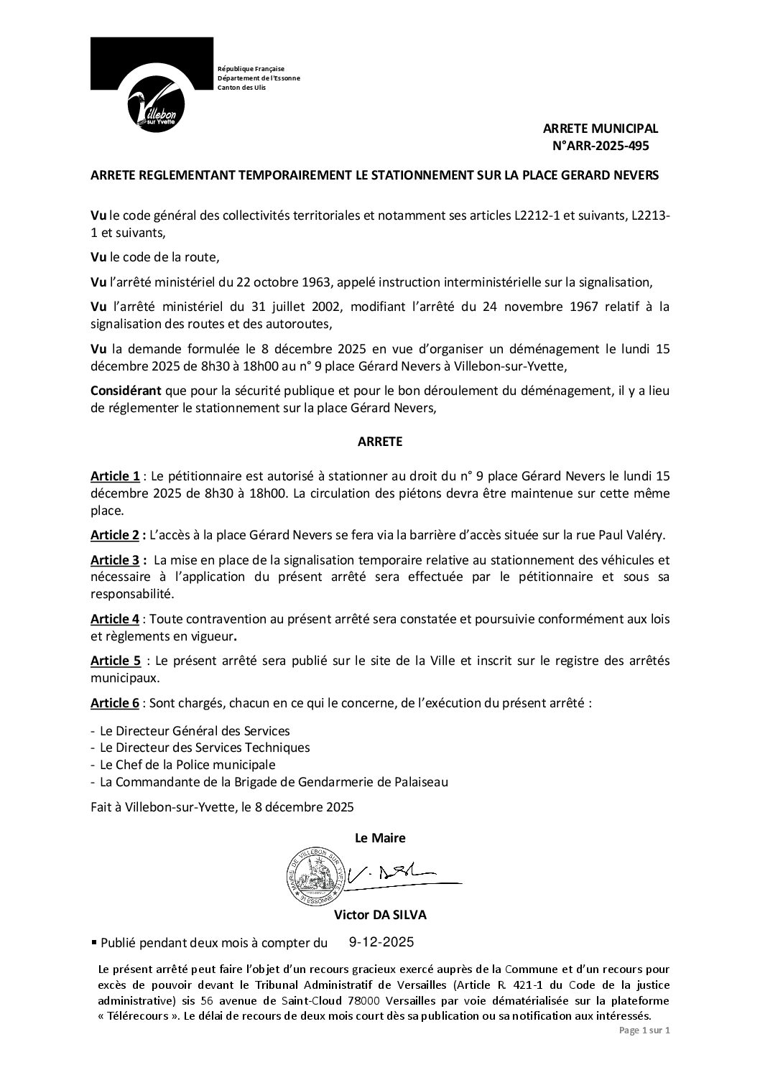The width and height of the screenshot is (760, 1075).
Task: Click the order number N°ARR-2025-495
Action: pyautogui.click(x=600, y=145)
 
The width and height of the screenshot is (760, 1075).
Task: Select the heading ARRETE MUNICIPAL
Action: pyautogui.click(x=600, y=129)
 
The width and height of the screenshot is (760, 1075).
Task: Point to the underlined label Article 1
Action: pyautogui.click(x=115, y=476)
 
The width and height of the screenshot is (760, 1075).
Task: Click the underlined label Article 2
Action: pyautogui.click(x=115, y=534)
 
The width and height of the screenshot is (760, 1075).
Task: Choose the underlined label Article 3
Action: pyautogui.click(x=115, y=559)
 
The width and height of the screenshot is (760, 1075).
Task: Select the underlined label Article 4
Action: pyautogui.click(x=115, y=618)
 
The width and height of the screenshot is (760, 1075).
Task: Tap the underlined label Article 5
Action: pyautogui.click(x=115, y=661)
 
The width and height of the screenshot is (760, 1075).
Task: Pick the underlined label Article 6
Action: pyautogui.click(x=115, y=703)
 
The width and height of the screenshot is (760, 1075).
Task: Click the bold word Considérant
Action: pyautogui.click(x=126, y=391)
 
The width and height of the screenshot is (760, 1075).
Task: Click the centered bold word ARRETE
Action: pyautogui.click(x=380, y=442)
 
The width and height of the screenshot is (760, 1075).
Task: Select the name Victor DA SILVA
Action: pyautogui.click(x=379, y=916)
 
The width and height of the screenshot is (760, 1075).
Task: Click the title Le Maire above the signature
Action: pyautogui.click(x=380, y=838)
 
